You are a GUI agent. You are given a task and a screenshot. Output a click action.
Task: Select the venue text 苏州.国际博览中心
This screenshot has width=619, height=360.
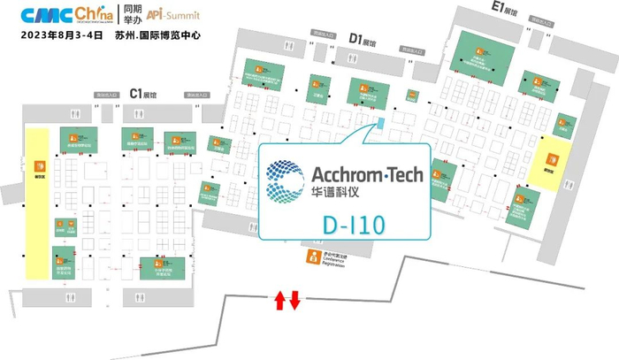164,36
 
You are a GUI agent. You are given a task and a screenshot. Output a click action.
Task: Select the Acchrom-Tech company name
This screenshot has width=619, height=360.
368,174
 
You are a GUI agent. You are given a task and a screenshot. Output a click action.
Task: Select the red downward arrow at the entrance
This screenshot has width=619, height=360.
295,301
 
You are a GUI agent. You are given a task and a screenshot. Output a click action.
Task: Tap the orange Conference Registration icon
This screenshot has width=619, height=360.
311,257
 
